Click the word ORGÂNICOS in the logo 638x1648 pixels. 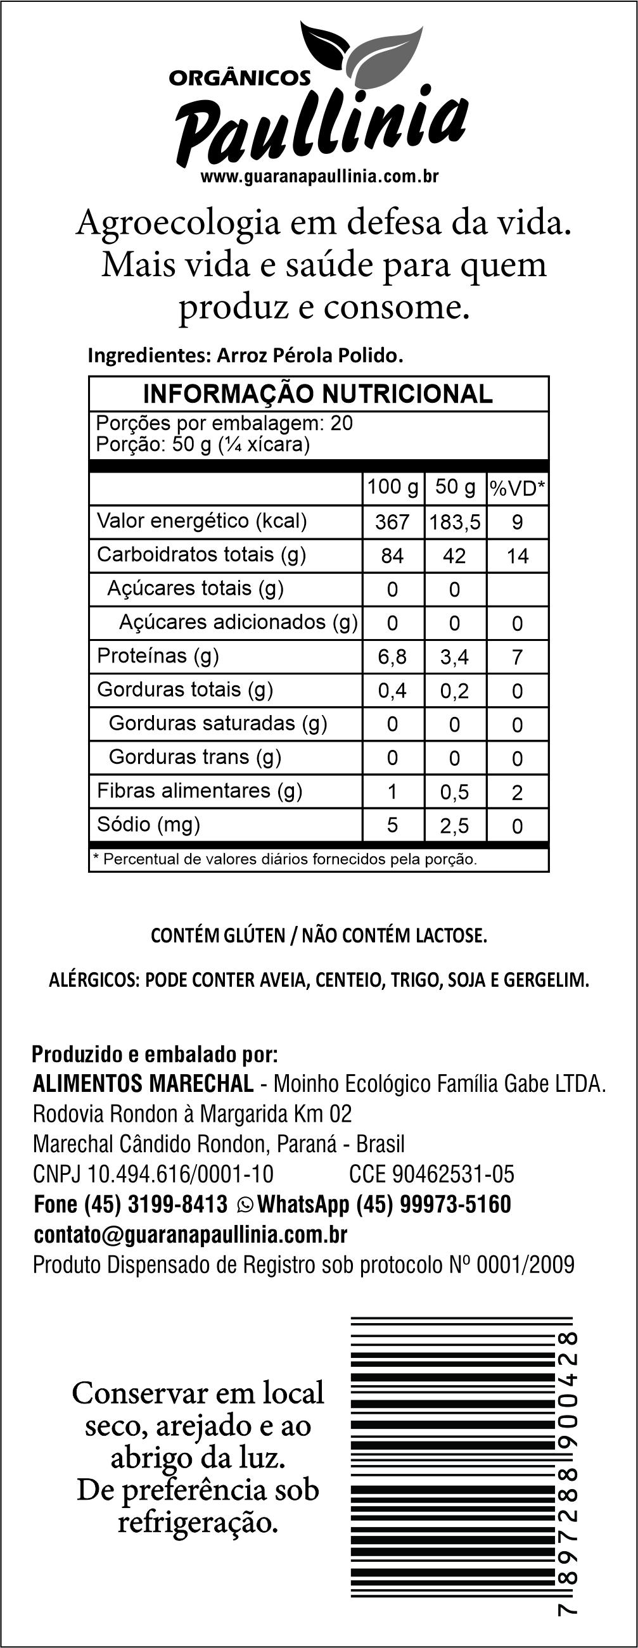(x=239, y=78)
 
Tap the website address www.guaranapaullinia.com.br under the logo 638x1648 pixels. (x=319, y=177)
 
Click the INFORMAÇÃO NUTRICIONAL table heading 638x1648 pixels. (x=317, y=394)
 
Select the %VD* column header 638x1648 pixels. (x=517, y=489)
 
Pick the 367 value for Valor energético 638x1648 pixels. (x=392, y=522)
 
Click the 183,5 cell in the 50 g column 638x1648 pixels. (x=454, y=522)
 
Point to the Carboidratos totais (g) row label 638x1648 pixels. (x=201, y=554)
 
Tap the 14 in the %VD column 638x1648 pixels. (x=517, y=556)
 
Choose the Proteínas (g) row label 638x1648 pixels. (x=157, y=655)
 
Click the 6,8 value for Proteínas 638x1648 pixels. (x=392, y=657)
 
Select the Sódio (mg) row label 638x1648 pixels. (x=148, y=824)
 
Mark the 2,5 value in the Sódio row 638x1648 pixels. (x=454, y=826)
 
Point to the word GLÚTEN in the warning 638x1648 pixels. (x=255, y=935)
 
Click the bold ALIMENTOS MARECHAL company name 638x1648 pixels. (x=143, y=1084)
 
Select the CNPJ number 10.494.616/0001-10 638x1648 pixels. (x=180, y=1174)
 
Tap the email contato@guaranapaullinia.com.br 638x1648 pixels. (x=190, y=1234)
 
